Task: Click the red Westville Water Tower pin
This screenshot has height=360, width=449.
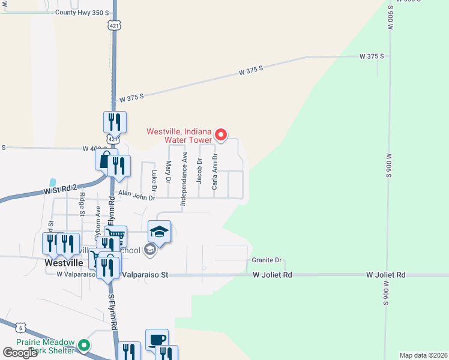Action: point(220,135)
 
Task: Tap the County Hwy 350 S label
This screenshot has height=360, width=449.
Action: point(82,12)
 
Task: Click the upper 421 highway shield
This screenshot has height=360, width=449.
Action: point(114,26)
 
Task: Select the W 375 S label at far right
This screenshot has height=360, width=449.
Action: point(372,56)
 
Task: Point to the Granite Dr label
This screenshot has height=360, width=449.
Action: point(267,260)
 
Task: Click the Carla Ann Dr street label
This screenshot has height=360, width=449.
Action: point(214,172)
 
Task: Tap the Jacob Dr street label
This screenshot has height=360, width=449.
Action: point(199,170)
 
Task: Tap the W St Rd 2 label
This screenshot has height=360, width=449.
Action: point(60,190)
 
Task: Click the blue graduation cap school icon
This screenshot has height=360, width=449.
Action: point(160,232)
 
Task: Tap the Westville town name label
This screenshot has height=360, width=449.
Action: point(64,262)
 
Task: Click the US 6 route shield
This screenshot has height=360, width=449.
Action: point(22,326)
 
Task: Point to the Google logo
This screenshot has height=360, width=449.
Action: point(20,353)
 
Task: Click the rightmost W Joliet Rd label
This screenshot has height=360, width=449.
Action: point(386,274)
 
